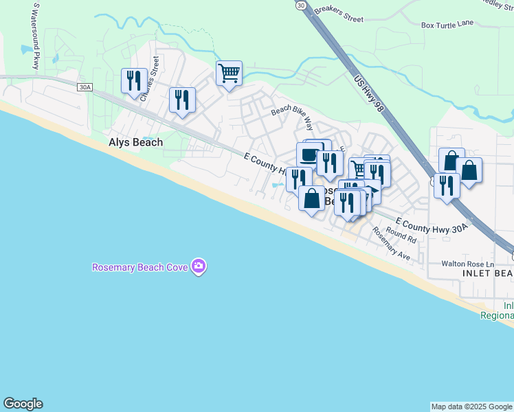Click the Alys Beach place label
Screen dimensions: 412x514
136,143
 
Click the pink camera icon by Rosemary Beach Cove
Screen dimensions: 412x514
199,266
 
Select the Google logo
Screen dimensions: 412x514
23,404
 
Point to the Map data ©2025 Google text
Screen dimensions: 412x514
471,407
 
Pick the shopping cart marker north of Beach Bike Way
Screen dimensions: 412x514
229,73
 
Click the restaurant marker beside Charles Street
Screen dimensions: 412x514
133,80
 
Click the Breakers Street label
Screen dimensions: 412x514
338,14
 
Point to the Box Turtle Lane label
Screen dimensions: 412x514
447,25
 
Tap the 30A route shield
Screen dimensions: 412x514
85,87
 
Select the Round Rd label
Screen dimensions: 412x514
401,236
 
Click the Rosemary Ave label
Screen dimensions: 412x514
390,243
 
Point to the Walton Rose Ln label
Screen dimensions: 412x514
467,264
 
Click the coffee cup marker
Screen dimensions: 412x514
309,154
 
